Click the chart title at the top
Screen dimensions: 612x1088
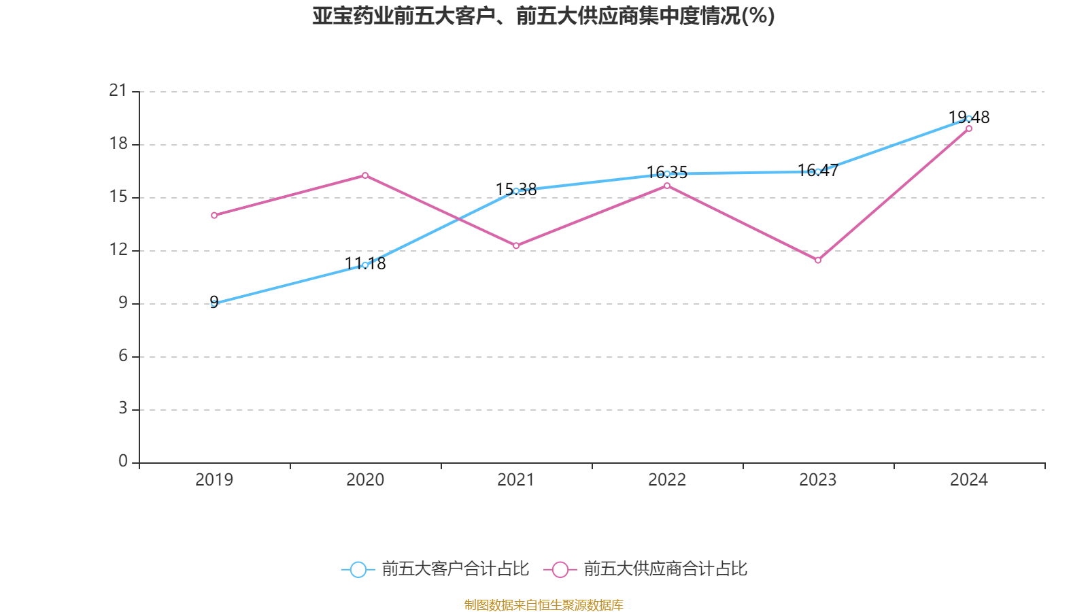pyautogui.click(x=543, y=16)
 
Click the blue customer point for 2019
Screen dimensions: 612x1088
pyautogui.click(x=214, y=303)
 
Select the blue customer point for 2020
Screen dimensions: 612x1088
pyautogui.click(x=365, y=265)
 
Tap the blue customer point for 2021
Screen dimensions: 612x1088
pyautogui.click(x=516, y=191)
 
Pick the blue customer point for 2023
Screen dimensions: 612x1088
pyautogui.click(x=818, y=171)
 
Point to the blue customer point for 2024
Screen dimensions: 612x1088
pyautogui.click(x=969, y=118)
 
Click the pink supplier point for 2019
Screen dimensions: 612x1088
pyautogui.click(x=214, y=216)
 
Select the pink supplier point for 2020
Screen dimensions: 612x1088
pyautogui.click(x=365, y=175)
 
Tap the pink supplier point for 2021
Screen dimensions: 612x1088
pyautogui.click(x=516, y=246)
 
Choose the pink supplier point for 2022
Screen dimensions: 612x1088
pyautogui.click(x=667, y=186)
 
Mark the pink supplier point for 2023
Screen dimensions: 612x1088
pyautogui.click(x=818, y=260)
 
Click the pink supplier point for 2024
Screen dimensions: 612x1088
pyautogui.click(x=969, y=129)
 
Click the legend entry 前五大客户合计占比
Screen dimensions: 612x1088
pyautogui.click(x=436, y=569)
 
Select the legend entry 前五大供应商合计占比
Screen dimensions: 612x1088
pyautogui.click(x=647, y=569)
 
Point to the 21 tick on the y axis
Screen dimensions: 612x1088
pyautogui.click(x=118, y=90)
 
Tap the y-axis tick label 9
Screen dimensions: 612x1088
pyautogui.click(x=123, y=303)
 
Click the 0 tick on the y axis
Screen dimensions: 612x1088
pyautogui.click(x=123, y=462)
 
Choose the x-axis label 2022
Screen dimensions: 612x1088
pyautogui.click(x=667, y=480)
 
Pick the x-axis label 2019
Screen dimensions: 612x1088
pyautogui.click(x=214, y=480)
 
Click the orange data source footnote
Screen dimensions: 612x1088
pyautogui.click(x=543, y=605)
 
